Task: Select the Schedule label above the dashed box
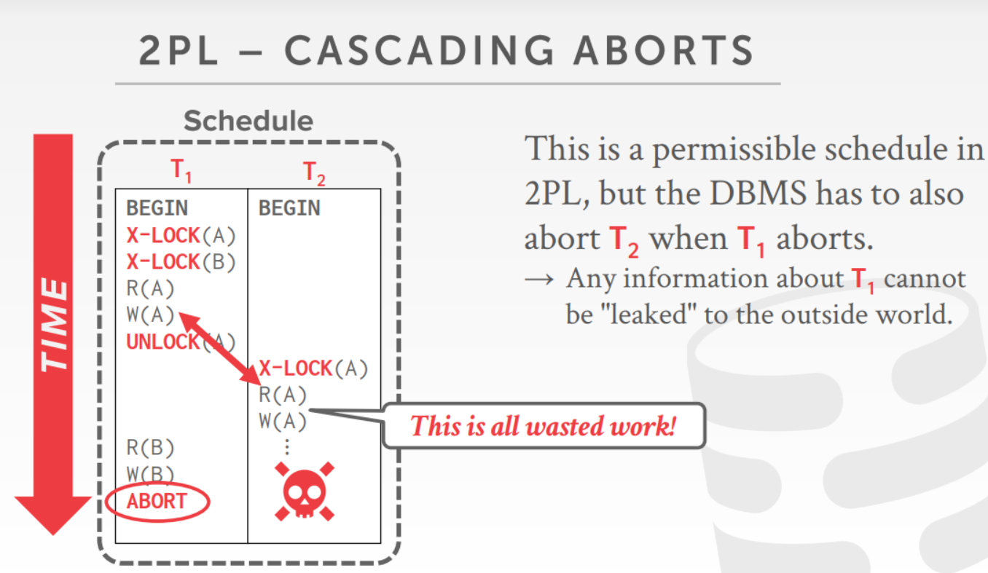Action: [248, 121]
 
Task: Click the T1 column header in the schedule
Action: [181, 171]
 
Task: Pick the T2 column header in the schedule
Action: [314, 173]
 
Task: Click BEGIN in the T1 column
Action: [157, 208]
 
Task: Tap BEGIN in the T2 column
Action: [289, 208]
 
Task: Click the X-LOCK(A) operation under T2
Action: [313, 368]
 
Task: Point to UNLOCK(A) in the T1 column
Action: [181, 341]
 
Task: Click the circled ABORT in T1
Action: [157, 501]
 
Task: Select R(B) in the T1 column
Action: [150, 448]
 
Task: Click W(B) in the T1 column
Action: [150, 474]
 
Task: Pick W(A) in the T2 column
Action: [283, 422]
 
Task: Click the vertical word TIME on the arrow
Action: [53, 324]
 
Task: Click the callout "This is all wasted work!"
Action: [543, 425]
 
